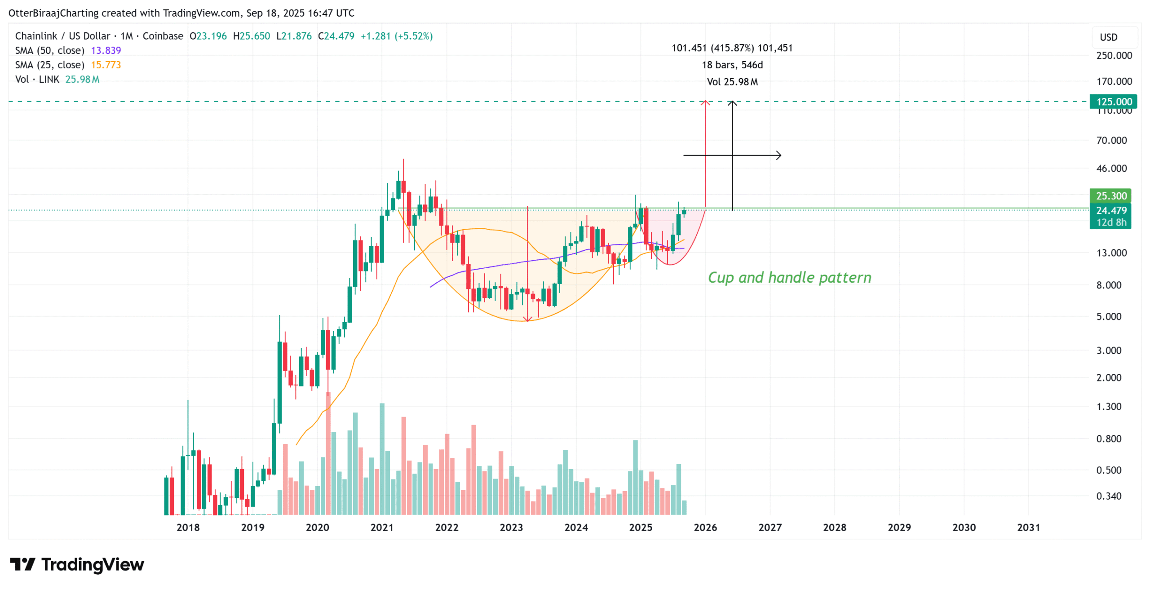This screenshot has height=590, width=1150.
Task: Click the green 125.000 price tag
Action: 1113,102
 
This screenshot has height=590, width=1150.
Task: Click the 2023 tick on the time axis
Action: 511,527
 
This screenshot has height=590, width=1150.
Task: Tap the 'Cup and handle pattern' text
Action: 789,277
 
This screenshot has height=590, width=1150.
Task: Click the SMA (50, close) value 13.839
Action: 106,50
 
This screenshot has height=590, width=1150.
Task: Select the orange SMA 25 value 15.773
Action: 106,65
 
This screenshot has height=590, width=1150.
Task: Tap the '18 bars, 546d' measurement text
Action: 732,65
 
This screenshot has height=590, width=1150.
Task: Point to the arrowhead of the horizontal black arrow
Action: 780,155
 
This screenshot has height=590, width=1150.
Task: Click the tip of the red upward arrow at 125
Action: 705,102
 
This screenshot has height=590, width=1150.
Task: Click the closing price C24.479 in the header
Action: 336,36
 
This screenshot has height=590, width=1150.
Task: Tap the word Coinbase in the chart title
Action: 163,36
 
